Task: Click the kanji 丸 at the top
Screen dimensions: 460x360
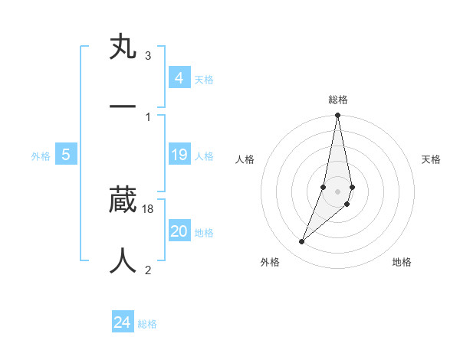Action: (123, 47)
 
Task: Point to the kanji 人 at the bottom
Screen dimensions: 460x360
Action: (123, 260)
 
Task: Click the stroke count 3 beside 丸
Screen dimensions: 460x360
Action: (147, 56)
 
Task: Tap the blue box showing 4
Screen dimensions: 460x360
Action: (179, 78)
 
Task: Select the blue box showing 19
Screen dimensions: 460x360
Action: (179, 155)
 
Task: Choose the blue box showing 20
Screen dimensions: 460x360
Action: (179, 231)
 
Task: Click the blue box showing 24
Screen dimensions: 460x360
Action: (123, 322)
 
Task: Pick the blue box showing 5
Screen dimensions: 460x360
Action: (66, 155)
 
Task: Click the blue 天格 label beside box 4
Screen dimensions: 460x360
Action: (204, 80)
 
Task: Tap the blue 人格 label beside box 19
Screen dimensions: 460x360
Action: (204, 156)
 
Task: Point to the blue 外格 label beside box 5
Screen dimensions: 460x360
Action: (41, 156)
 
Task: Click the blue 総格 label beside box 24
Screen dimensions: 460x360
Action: (147, 324)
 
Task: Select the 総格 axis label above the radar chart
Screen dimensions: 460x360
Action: (338, 100)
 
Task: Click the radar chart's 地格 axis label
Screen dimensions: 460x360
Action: (402, 262)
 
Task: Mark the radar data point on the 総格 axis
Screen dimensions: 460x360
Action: (338, 116)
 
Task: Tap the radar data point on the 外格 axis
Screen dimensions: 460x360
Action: (302, 241)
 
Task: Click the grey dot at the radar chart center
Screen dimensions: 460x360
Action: (338, 191)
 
